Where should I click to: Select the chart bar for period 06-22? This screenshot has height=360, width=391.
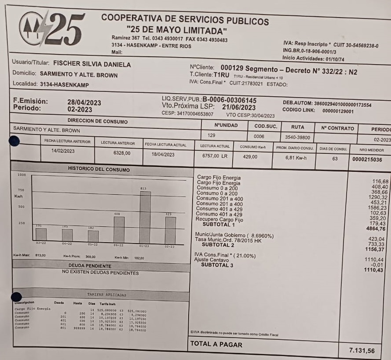(x=119, y=229)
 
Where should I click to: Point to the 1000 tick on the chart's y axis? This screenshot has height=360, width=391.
(x=22, y=175)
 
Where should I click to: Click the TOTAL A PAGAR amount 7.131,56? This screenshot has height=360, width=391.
(x=362, y=350)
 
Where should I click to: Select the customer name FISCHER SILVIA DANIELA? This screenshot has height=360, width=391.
(x=92, y=64)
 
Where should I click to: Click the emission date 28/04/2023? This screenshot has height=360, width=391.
(x=84, y=102)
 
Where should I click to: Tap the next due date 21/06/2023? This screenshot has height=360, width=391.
(x=238, y=107)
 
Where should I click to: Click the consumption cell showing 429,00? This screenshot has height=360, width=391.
(x=250, y=156)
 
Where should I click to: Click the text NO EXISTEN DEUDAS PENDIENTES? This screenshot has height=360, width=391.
(x=100, y=273)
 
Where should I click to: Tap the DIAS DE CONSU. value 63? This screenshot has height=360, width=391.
(x=335, y=158)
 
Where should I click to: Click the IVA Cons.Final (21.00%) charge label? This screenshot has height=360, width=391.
(x=224, y=255)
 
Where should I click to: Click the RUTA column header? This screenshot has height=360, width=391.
(x=297, y=127)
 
